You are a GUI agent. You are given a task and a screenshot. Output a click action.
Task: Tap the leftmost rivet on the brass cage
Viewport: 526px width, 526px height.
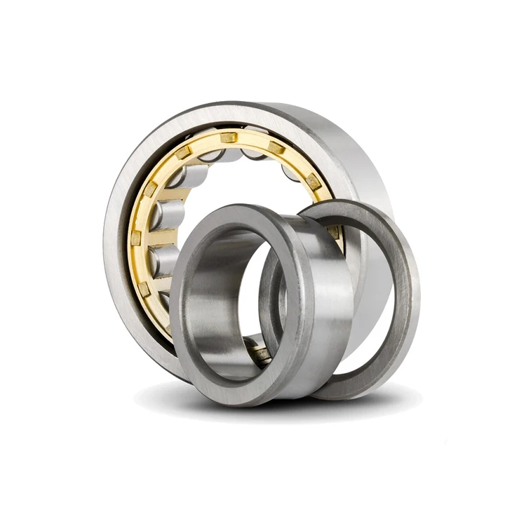click(136, 238)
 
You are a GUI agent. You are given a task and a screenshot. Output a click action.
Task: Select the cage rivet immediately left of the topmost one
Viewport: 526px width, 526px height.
click(184, 152)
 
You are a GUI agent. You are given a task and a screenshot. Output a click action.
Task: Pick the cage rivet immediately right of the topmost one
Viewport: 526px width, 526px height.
click(276, 148)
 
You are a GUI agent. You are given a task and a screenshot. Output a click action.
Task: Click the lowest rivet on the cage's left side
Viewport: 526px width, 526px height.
click(144, 288)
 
